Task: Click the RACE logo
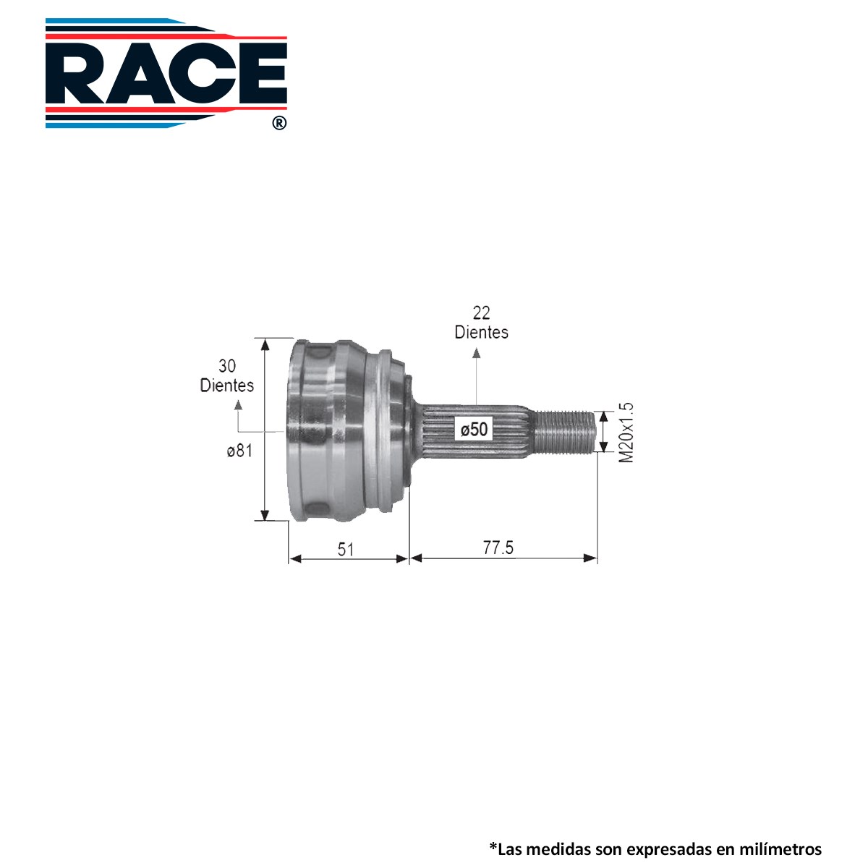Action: (166, 73)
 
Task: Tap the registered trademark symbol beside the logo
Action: (279, 123)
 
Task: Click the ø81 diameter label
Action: (239, 450)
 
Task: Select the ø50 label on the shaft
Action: (474, 429)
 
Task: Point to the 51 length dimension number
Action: (346, 550)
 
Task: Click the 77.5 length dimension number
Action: (498, 548)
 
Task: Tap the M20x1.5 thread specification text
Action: (626, 433)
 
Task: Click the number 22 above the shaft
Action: (481, 312)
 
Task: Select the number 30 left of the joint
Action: (227, 366)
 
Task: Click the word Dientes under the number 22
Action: (482, 333)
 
